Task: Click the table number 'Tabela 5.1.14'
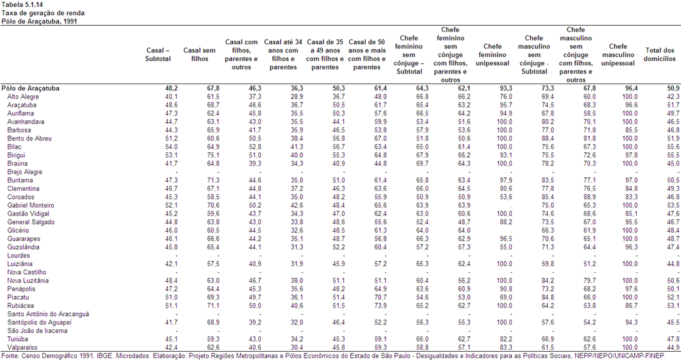(22, 5)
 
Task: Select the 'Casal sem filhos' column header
(199, 55)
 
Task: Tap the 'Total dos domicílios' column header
(660, 55)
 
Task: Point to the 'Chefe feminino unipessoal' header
(493, 55)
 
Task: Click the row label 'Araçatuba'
(22, 105)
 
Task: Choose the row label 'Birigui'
(16, 155)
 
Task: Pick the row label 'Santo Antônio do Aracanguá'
(48, 314)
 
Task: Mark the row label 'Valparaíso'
(22, 347)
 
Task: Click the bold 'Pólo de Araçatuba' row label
(31, 88)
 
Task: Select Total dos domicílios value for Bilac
(673, 147)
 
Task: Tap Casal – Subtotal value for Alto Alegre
(171, 97)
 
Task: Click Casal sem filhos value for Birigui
(213, 155)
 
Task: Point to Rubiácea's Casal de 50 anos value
(381, 306)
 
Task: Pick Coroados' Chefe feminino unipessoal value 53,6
(506, 197)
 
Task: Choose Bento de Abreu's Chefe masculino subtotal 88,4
(547, 139)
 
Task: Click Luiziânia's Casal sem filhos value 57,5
(213, 264)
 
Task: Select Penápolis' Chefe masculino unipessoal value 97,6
(631, 289)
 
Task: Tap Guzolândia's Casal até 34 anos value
(296, 247)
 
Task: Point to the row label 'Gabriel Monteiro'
(31, 205)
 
